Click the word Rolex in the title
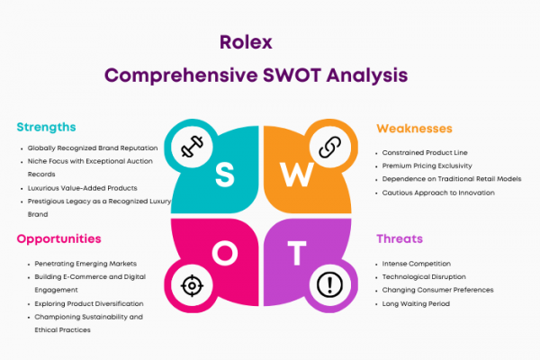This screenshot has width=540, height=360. pos(246,42)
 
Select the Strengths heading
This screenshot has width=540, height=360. pos(46,127)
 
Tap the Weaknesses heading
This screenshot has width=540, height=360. pos(414,129)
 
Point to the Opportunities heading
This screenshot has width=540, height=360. pos(58,238)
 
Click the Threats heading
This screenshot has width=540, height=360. pos(400,238)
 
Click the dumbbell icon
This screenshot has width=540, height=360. pos(193,147)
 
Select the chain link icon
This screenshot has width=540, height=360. pos(330,147)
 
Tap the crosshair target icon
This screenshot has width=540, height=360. pos(192,285)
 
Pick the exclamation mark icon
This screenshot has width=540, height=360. pos(329,285)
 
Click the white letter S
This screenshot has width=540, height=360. pos(224,175)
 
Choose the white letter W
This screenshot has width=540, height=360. pos(296,175)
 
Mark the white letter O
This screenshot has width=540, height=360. pos(225,253)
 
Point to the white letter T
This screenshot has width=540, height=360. pos(297,253)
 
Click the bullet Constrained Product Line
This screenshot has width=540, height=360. pos(425,153)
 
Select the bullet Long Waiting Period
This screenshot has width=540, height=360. pos(416,304)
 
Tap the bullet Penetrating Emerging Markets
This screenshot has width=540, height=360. pos(85,264)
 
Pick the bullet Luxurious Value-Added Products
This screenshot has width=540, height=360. pos(82,188)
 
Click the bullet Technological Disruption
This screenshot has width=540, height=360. pos(424,277)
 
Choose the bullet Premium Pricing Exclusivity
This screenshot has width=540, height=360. pos(427,166)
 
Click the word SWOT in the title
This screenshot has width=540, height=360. pos(292,75)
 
